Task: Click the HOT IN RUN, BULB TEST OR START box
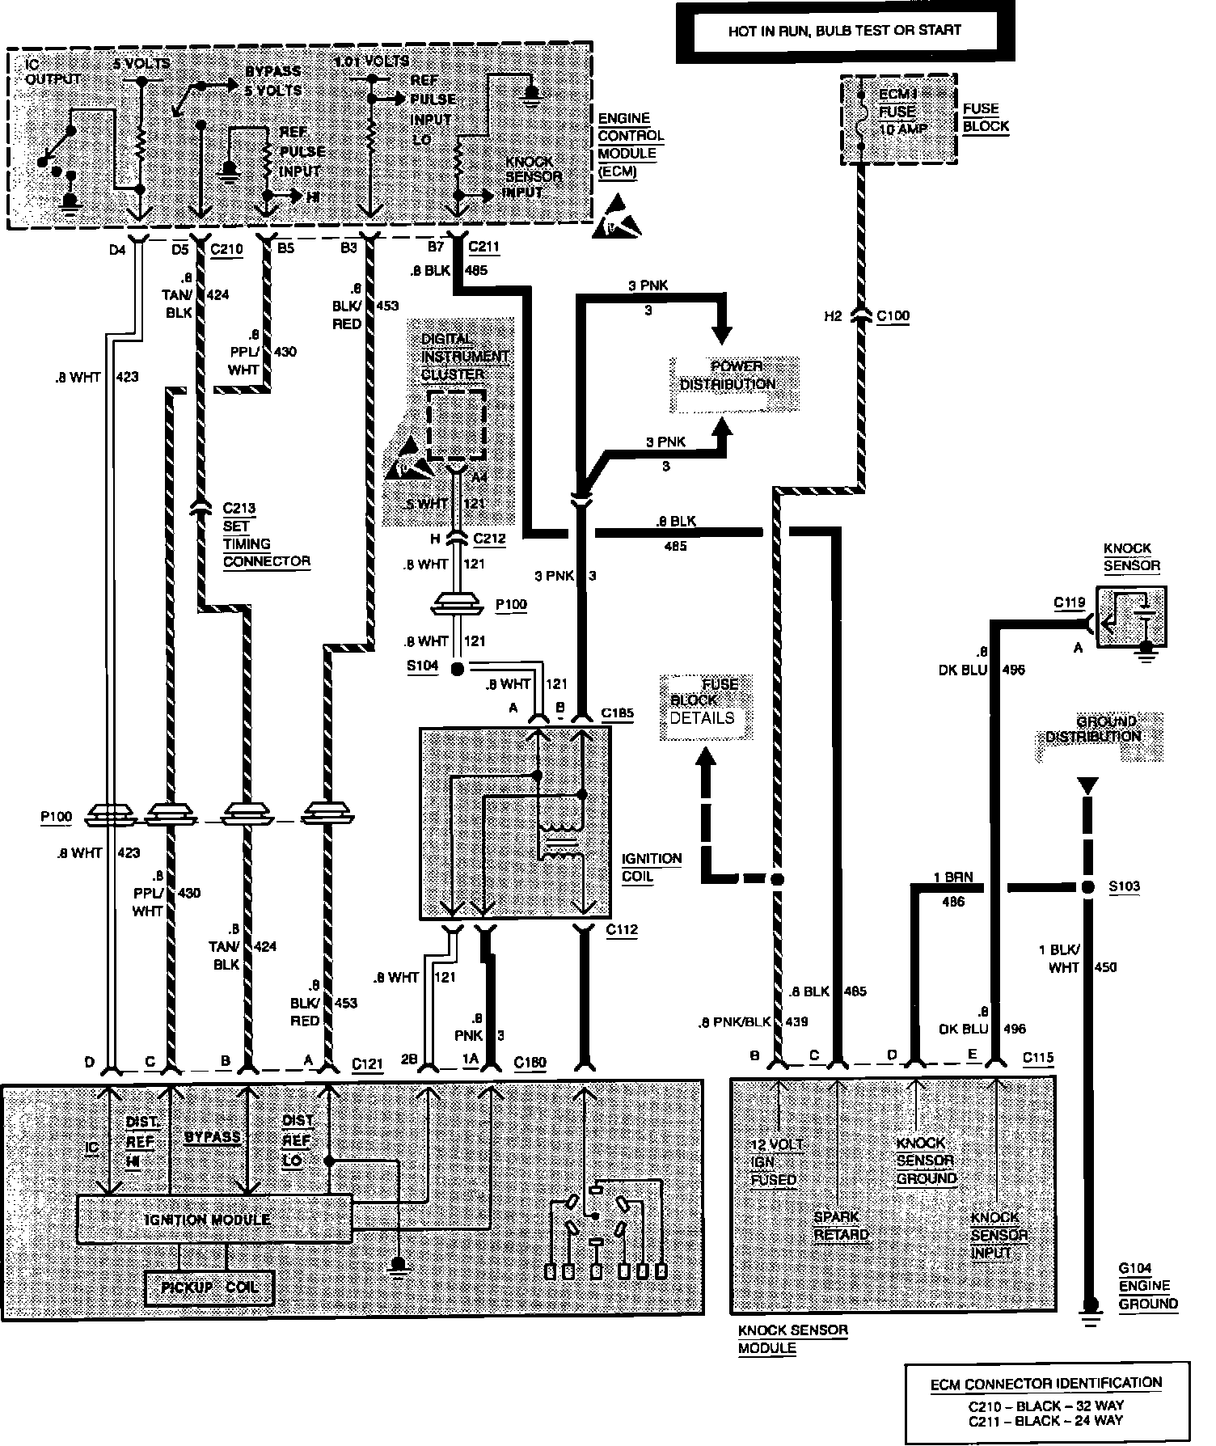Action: coord(844,32)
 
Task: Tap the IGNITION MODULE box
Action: coord(214,1219)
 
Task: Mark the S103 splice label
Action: coord(1123,886)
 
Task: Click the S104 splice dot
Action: coord(457,668)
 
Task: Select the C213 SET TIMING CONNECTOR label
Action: coord(266,535)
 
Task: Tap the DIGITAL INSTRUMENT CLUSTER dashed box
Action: coord(456,425)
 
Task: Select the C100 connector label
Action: coord(893,316)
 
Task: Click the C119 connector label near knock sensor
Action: coord(1069,602)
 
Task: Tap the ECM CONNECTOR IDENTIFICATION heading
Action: coord(1045,1383)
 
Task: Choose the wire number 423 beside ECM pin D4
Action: coord(128,377)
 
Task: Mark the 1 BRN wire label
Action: coord(952,877)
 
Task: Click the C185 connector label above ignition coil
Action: coord(617,714)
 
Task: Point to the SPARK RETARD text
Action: coord(841,1226)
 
